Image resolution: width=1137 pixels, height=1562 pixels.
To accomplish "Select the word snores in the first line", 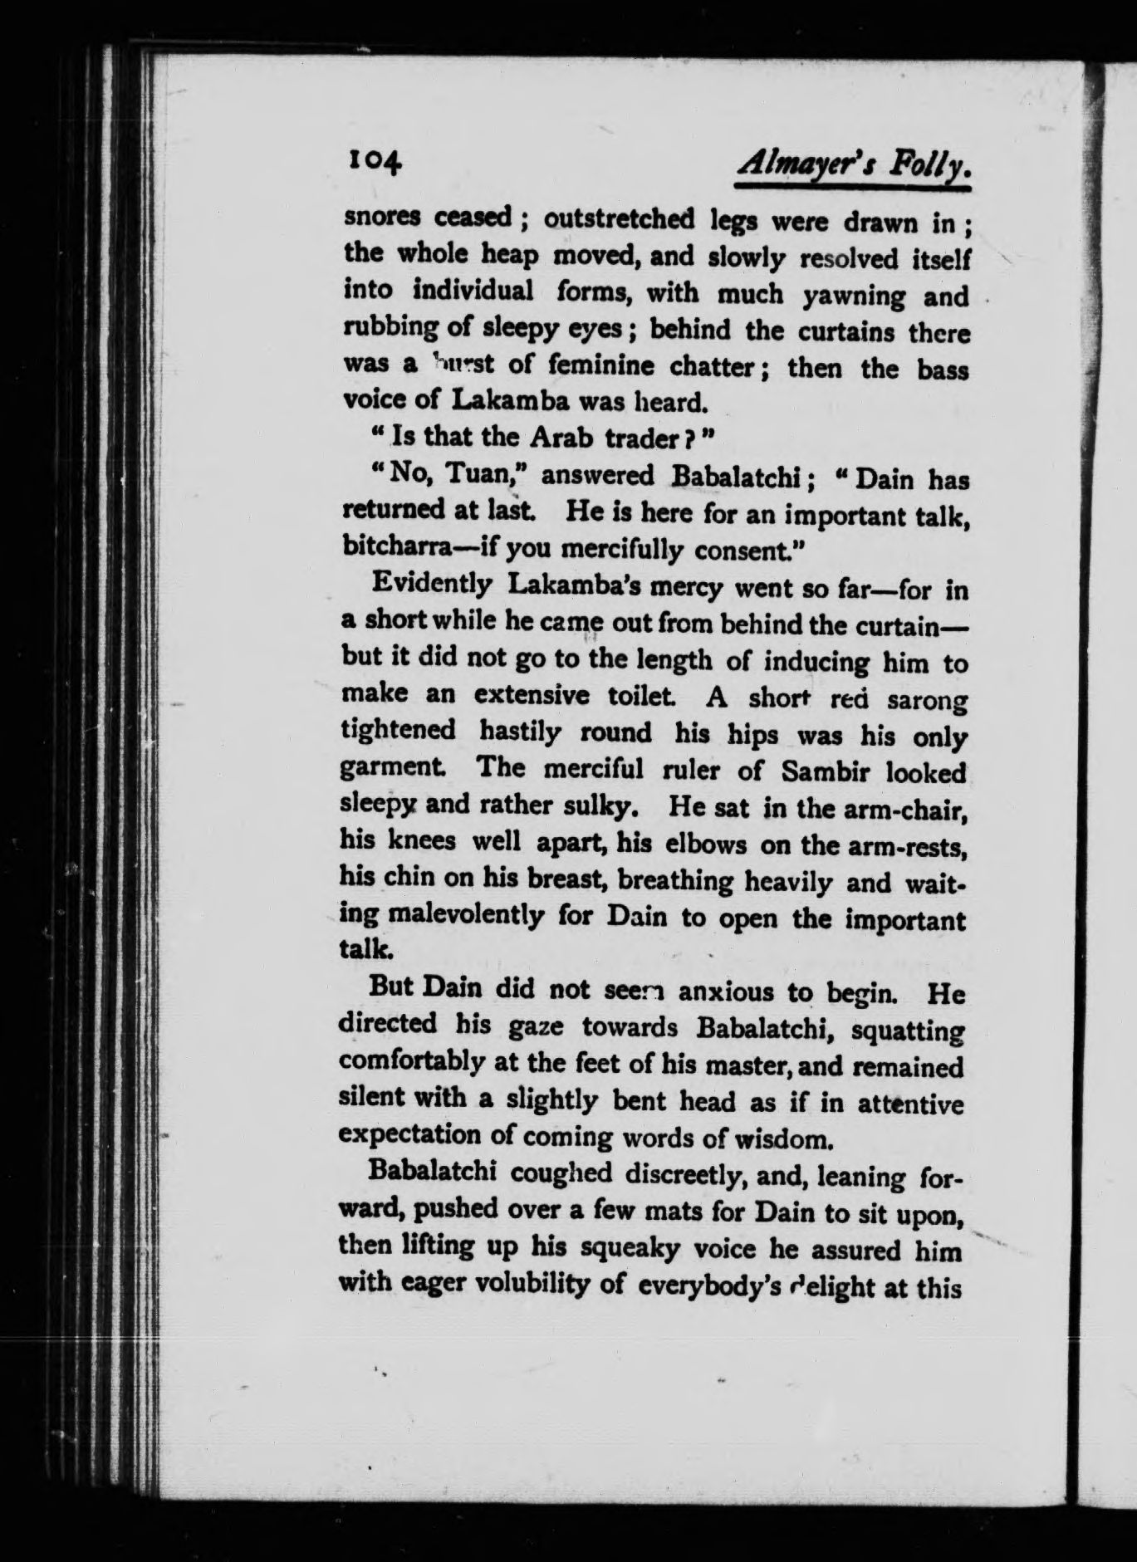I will click(x=383, y=219).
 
